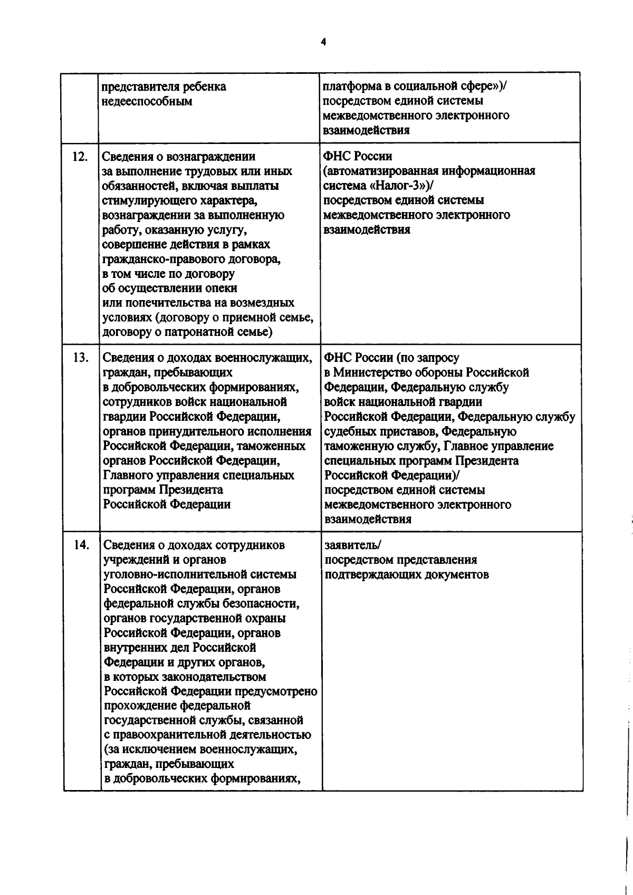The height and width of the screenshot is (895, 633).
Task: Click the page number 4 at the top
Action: point(323,43)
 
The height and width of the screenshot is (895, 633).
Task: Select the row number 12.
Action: point(79,156)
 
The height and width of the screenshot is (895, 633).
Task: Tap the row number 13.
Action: point(80,357)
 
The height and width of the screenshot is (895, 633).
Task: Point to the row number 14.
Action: point(81,545)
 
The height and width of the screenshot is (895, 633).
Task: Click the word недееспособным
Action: point(147,101)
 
